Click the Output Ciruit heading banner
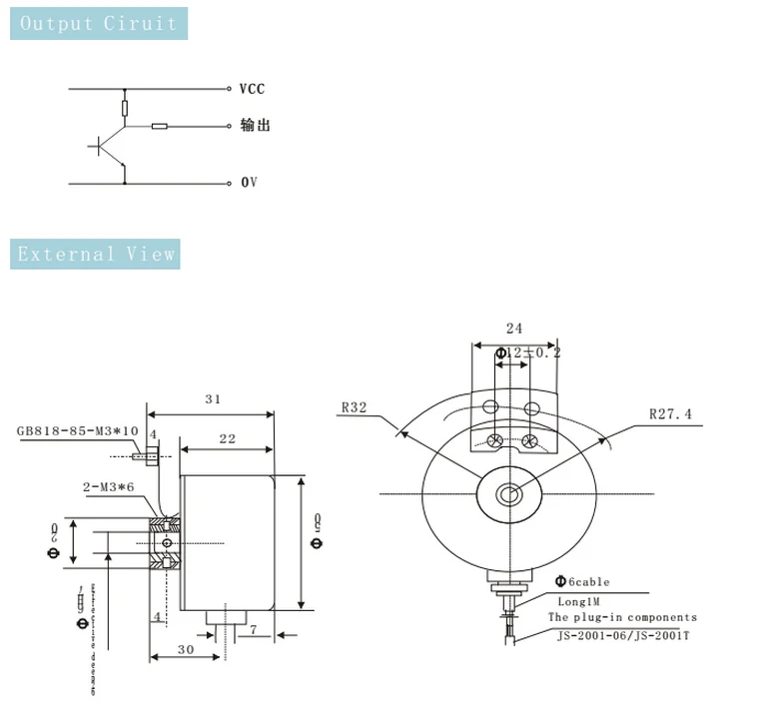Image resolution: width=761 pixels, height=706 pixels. [x=98, y=24]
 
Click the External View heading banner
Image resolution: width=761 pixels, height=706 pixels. [x=95, y=254]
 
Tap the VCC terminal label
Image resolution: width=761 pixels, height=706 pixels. [x=252, y=89]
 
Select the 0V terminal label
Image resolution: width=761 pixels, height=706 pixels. [x=249, y=183]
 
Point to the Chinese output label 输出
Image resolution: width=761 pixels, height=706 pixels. [x=255, y=126]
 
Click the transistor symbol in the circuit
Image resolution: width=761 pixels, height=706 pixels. [x=108, y=147]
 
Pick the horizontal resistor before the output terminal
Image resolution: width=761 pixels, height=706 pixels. [x=160, y=127]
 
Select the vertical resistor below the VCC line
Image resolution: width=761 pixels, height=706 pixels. [x=125, y=108]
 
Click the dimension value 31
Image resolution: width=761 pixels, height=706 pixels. [x=212, y=399]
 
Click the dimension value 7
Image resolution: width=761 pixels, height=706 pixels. [x=254, y=629]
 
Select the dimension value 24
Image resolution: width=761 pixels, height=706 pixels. [x=514, y=329]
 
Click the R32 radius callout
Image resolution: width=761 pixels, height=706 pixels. [x=354, y=407]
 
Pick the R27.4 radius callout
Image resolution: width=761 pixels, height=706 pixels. [x=669, y=412]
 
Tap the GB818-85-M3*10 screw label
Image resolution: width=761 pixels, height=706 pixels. [x=76, y=432]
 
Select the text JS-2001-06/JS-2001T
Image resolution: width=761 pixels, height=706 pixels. [x=622, y=633]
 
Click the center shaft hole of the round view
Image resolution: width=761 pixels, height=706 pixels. [x=509, y=493]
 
